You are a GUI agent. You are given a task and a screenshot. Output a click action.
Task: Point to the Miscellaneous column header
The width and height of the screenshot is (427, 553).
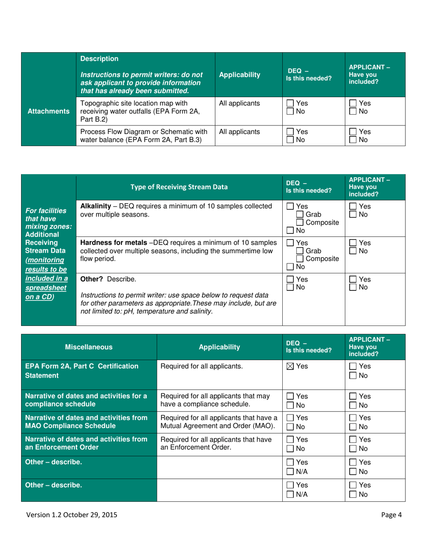[x=89, y=347]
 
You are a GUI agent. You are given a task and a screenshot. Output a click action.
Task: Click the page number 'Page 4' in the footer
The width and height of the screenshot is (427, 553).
[x=391, y=515]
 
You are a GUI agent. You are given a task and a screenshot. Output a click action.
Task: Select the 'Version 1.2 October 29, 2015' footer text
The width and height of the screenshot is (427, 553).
[x=73, y=515]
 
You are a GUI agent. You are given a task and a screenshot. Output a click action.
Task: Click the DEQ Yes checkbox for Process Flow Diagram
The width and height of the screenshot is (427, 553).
[x=290, y=132]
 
